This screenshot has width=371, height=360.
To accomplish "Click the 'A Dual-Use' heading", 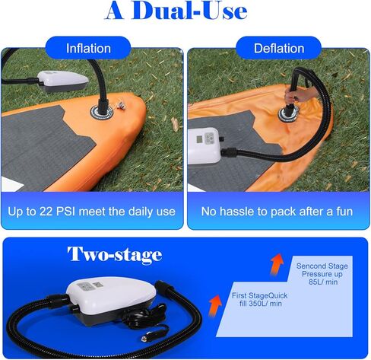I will click(186, 11).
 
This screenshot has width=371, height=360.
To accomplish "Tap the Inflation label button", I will click(88, 48).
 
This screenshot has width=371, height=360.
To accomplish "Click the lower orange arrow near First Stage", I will click(216, 304).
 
